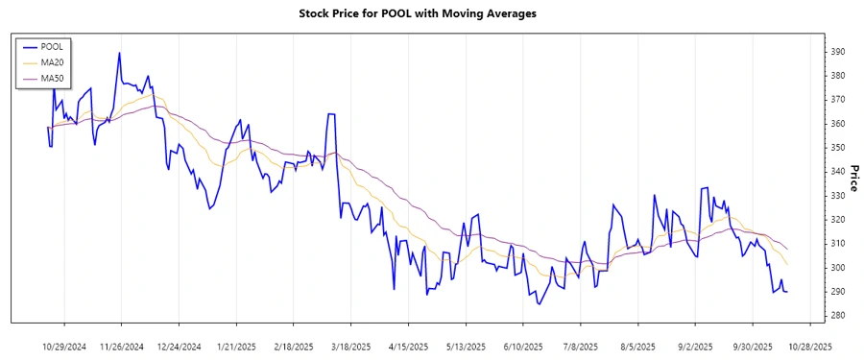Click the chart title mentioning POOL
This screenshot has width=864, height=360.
[x=431, y=13]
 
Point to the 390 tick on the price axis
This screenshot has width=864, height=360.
[x=838, y=52]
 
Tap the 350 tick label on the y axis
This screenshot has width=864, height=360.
[x=838, y=148]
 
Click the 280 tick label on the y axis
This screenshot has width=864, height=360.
[x=838, y=316]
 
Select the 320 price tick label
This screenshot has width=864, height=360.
[x=838, y=220]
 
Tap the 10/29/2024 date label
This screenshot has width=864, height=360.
[x=65, y=346]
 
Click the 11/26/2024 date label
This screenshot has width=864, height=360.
[x=121, y=346]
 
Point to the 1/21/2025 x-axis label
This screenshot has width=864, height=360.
[x=235, y=346]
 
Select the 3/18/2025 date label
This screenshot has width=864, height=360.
[x=350, y=346]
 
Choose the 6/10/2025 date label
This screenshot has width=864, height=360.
[x=523, y=346]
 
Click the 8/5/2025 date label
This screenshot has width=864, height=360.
[x=637, y=346]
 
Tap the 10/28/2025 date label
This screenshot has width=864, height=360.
[x=809, y=346]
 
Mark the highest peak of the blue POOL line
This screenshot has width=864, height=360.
[x=119, y=53]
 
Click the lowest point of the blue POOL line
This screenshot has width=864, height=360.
[x=539, y=304]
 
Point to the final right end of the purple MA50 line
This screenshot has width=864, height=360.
[x=788, y=250]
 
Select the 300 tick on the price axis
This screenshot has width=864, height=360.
[x=838, y=268]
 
